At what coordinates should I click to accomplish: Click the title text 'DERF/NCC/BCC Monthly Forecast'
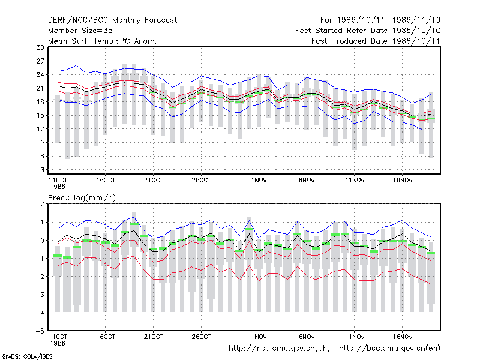[112, 20]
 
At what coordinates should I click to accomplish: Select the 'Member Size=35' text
[80, 31]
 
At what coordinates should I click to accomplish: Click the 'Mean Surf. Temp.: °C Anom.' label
[103, 41]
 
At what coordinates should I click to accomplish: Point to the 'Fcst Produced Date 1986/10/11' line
[376, 41]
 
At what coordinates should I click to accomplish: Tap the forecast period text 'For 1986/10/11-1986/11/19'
[380, 20]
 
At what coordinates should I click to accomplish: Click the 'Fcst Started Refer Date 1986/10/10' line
[368, 31]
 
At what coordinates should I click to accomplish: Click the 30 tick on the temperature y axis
[40, 47]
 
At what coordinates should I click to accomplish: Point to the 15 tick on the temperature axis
[40, 115]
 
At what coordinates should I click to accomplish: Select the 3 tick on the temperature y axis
[42, 170]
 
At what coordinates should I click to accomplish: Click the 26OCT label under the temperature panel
[201, 181]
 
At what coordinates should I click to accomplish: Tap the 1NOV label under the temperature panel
[259, 181]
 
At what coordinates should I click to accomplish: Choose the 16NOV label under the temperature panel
[402, 181]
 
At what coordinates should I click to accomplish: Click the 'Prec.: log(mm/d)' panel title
[82, 198]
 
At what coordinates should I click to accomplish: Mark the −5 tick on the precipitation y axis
[40, 331]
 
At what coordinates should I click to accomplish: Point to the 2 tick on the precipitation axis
[42, 204]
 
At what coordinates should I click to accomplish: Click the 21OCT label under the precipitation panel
[154, 337]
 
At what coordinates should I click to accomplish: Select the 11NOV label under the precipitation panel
[355, 337]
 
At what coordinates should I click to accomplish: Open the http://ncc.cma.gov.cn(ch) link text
[279, 349]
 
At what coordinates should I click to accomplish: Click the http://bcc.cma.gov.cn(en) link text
[389, 349]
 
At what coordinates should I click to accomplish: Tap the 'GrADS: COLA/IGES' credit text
[27, 356]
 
